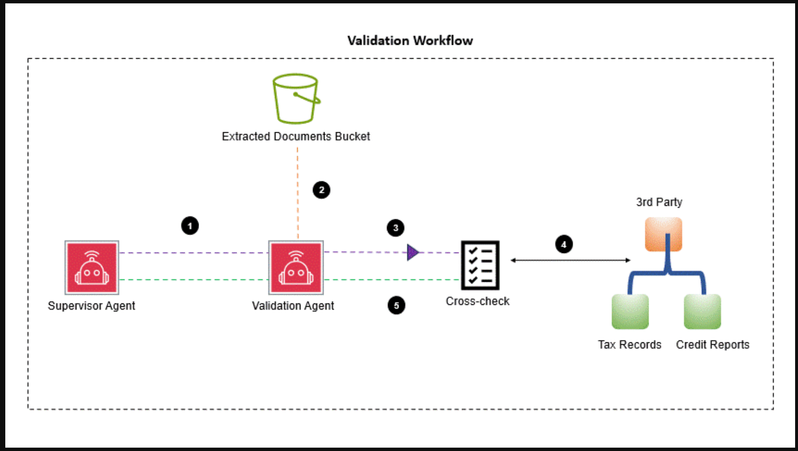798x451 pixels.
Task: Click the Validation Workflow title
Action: pyautogui.click(x=410, y=40)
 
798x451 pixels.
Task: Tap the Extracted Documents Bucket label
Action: pyautogui.click(x=296, y=137)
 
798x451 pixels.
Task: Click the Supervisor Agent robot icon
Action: pyautogui.click(x=92, y=267)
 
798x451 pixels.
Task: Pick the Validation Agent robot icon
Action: pyautogui.click(x=296, y=267)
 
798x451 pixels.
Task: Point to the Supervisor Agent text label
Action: pyautogui.click(x=91, y=306)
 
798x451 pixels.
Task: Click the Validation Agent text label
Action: pyautogui.click(x=293, y=306)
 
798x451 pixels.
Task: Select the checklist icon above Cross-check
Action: pyautogui.click(x=480, y=265)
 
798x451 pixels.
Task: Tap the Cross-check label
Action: pyautogui.click(x=477, y=301)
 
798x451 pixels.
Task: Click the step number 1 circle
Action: pyautogui.click(x=190, y=226)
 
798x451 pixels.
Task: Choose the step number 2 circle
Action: pyautogui.click(x=322, y=190)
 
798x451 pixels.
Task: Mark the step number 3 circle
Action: pyautogui.click(x=396, y=228)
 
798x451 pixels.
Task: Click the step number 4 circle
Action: pyautogui.click(x=564, y=244)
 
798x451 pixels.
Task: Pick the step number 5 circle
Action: pyautogui.click(x=397, y=305)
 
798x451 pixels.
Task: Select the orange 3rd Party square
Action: pyautogui.click(x=663, y=234)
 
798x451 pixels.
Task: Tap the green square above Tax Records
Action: pyautogui.click(x=630, y=312)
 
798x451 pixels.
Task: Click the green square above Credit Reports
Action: pyautogui.click(x=702, y=312)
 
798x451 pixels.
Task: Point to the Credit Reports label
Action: pyautogui.click(x=712, y=345)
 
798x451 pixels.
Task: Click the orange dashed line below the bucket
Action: pyautogui.click(x=298, y=192)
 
